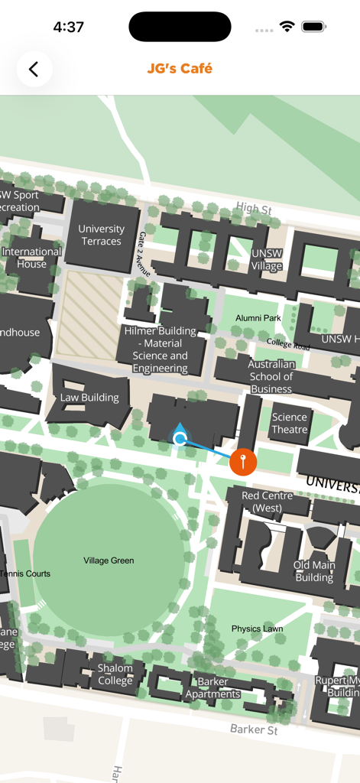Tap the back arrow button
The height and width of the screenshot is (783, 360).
tap(34, 69)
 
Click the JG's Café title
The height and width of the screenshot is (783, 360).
tap(180, 69)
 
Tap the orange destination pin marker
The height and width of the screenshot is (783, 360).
tap(243, 461)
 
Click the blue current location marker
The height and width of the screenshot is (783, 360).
tap(180, 438)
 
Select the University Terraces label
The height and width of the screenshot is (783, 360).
tap(101, 235)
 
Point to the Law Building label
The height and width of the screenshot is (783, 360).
tap(89, 398)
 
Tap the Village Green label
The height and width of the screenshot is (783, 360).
tap(109, 560)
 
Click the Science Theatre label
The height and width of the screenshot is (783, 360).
tap(290, 423)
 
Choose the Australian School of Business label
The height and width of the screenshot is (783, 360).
tap(271, 376)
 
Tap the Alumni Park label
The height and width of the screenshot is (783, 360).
tap(258, 318)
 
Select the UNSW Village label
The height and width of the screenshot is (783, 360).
tap(267, 260)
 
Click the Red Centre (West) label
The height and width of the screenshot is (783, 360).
tap(261, 502)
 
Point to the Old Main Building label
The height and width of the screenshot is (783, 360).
tap(314, 571)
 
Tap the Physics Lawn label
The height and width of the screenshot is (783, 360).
tap(257, 629)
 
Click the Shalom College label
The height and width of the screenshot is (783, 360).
tap(115, 674)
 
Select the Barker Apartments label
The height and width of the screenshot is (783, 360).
tap(213, 687)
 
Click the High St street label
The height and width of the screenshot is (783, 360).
tap(254, 208)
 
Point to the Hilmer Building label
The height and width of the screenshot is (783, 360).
tap(161, 349)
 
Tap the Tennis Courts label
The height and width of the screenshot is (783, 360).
tap(25, 573)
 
